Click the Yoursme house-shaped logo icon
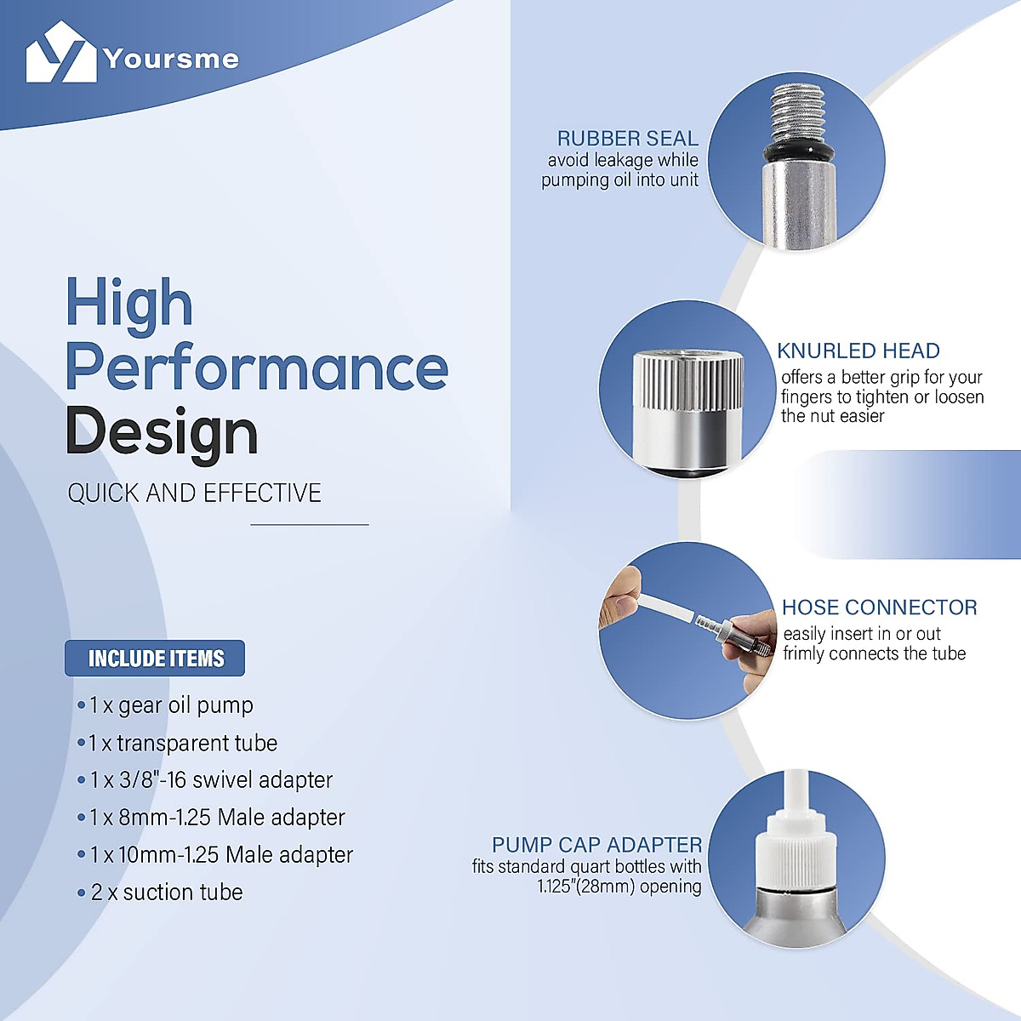tap(61, 52)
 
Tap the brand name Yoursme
tap(171, 59)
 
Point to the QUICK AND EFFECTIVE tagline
tap(194, 493)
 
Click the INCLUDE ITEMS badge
tap(155, 658)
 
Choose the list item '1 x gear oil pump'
tap(165, 705)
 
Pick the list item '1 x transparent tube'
tap(178, 743)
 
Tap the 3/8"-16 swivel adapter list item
tap(205, 780)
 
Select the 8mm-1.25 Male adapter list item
tap(211, 817)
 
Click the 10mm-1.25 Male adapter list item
tap(215, 854)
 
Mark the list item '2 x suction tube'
tap(160, 893)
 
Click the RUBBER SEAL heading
tap(628, 139)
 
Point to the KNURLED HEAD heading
tap(858, 351)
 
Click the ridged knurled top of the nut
tap(689, 381)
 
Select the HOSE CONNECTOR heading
tap(880, 607)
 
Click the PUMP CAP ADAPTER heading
tap(597, 845)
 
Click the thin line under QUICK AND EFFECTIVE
tap(310, 525)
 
